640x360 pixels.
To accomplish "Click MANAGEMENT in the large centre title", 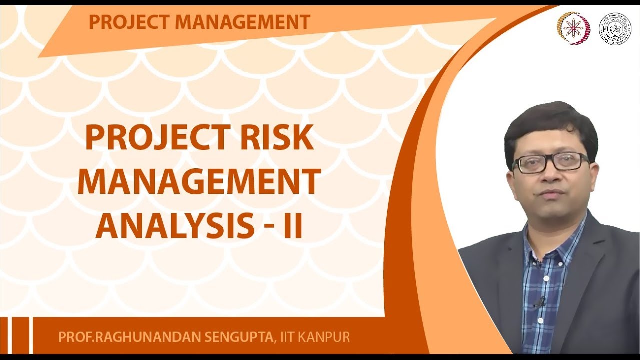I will click(x=199, y=182).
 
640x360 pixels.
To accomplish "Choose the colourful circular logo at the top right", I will click(x=573, y=28).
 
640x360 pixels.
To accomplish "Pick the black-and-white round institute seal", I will click(x=614, y=29).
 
